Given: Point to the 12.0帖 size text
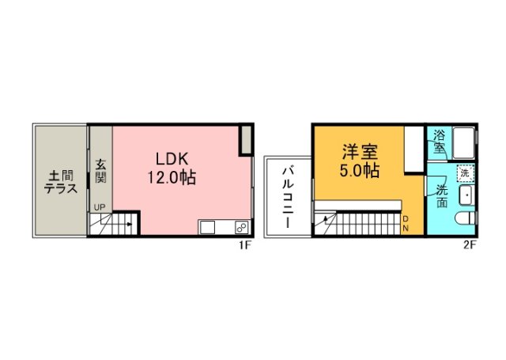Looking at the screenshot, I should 170,178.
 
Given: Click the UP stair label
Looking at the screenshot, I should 99,208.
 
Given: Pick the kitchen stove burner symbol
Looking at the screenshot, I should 240,228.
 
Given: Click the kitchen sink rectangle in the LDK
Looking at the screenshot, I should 208,228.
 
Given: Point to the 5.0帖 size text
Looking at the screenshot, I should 360,170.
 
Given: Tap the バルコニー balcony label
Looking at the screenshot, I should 288,195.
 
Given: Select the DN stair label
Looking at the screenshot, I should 406,223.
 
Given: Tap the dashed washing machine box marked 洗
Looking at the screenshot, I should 465,172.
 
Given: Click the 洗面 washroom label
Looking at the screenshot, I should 442,195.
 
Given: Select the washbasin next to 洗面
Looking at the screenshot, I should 465,195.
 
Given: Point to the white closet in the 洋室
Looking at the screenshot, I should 413,148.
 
